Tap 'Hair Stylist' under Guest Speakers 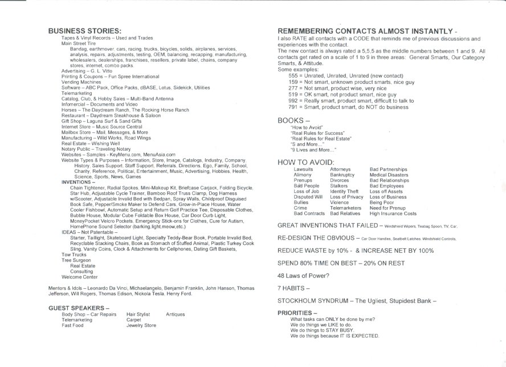tap(138, 314)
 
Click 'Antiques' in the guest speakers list tap(176, 314)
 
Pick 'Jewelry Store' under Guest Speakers tap(141, 325)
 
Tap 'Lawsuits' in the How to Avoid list tap(303, 170)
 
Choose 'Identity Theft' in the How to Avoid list tap(344, 191)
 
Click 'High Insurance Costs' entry tap(393, 213)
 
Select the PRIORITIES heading tap(297, 313)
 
